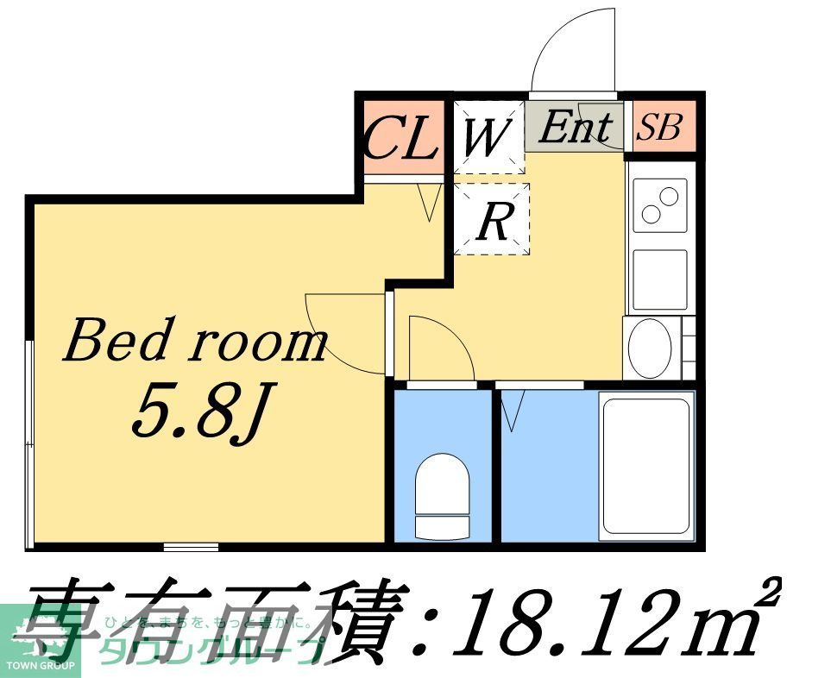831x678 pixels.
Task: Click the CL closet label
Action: click(x=400, y=138)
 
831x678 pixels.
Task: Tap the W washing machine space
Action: click(x=488, y=137)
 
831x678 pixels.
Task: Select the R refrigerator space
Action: click(x=492, y=221)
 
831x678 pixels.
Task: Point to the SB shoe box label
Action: click(x=659, y=129)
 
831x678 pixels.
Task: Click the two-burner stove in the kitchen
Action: click(x=660, y=205)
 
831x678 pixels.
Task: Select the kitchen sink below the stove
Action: click(x=659, y=279)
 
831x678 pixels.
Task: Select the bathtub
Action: click(x=647, y=466)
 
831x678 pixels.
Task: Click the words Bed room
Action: click(x=195, y=342)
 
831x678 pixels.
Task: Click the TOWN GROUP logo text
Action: click(x=41, y=666)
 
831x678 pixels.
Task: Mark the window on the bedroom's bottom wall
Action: click(x=191, y=546)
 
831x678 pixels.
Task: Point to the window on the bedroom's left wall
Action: click(x=30, y=444)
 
